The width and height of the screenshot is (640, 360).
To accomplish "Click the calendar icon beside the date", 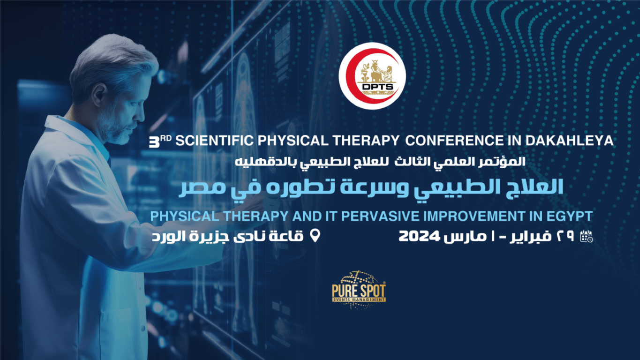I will coord(586,237).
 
